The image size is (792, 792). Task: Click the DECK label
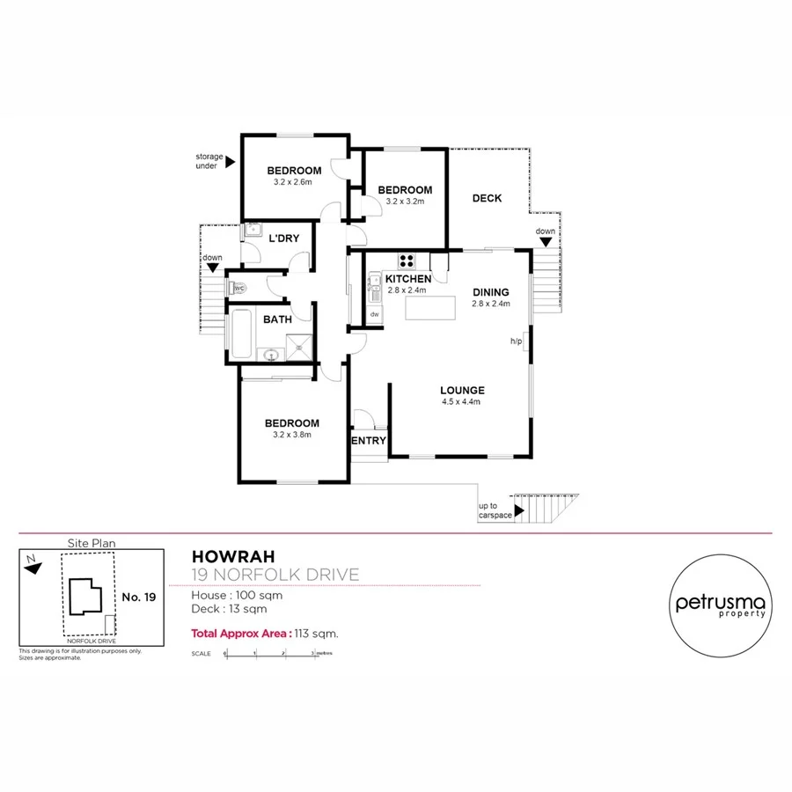click(487, 198)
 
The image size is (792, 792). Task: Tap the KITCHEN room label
click(407, 279)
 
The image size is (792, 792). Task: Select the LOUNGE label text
click(463, 391)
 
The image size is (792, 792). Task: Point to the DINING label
click(491, 293)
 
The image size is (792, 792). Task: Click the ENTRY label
click(369, 441)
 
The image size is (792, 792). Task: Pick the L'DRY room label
click(284, 238)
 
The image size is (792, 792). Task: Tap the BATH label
click(277, 319)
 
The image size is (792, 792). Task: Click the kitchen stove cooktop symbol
click(407, 260)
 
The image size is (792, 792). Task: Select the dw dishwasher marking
click(374, 314)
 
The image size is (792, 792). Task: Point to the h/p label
click(517, 341)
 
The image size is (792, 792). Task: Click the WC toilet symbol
click(238, 288)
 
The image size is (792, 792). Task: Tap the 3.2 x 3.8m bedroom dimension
click(292, 434)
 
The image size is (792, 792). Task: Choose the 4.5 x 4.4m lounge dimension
click(463, 402)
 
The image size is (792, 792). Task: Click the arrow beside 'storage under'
click(231, 161)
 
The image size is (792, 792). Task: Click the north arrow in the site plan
click(33, 568)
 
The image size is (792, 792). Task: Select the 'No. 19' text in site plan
click(138, 598)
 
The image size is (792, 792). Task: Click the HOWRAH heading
click(233, 556)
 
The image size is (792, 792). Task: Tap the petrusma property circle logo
click(721, 605)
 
